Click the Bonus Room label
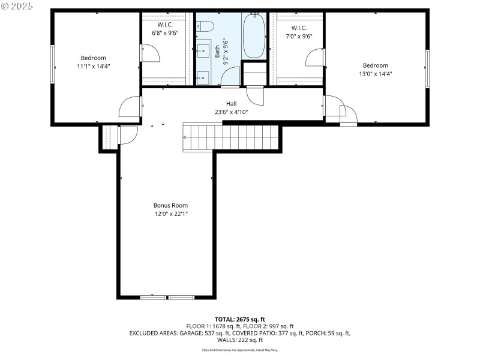coord(167,205)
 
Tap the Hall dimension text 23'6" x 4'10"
coord(231,112)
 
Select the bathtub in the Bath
coord(254,36)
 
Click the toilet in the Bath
coord(205,26)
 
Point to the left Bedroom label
coord(94,58)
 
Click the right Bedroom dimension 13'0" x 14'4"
coord(375,74)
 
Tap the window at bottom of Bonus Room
coord(167,296)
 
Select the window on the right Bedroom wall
coord(428,68)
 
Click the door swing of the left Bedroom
coord(130,107)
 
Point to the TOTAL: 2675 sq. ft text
coord(240,319)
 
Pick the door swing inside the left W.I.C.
coord(150,54)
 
